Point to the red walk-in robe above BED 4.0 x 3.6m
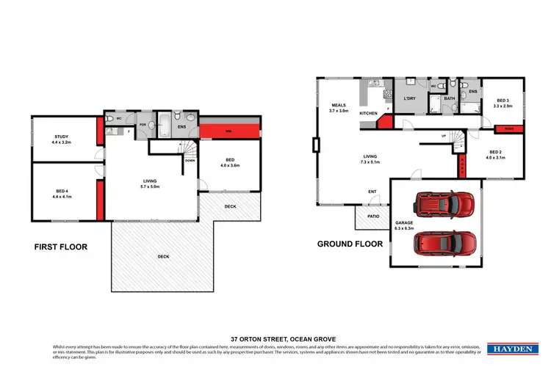pos(229,131)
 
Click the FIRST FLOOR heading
pos(60,247)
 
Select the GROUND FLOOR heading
pos(350,244)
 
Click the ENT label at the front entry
pos(373,193)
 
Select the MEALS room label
pos(338,105)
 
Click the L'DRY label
pos(410,98)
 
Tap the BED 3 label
pos(502,101)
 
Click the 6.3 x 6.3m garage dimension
pos(405,228)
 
